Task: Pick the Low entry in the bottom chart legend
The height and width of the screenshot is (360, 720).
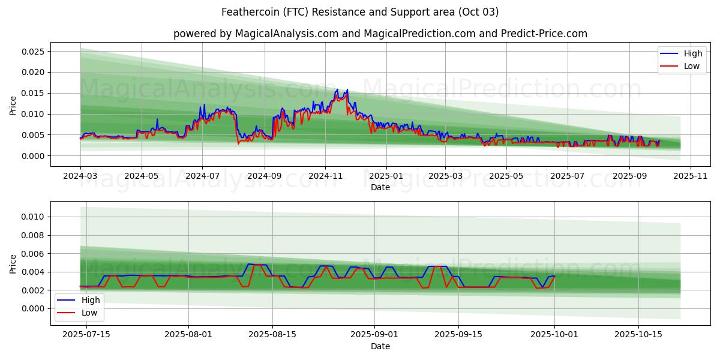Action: pos(88,313)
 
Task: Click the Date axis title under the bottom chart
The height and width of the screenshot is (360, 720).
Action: pos(380,346)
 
